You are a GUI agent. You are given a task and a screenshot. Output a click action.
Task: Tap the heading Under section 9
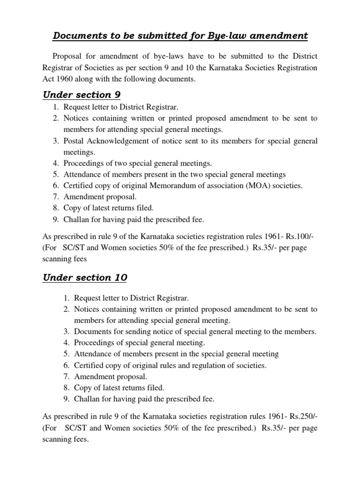82,95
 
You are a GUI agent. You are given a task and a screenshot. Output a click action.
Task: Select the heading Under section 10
84,277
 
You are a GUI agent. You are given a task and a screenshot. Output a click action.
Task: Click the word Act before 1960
49,80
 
